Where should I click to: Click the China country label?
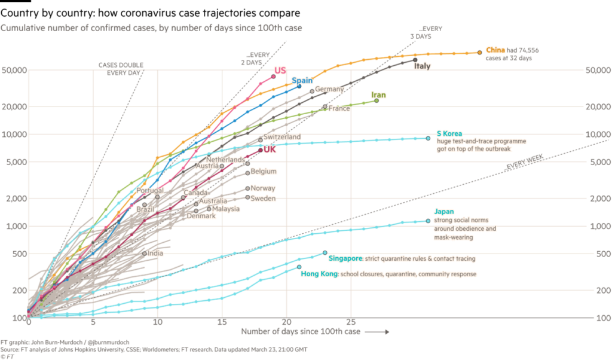point(495,50)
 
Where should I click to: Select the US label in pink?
point(280,71)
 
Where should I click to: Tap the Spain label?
point(302,81)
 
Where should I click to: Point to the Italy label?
point(422,66)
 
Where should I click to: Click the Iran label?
point(378,95)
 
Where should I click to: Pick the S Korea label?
point(449,134)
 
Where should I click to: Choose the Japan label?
point(443,212)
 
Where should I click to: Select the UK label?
point(270,150)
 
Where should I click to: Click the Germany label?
point(329,89)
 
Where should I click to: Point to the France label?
point(339,108)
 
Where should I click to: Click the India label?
point(155,253)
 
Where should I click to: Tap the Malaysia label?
point(226,209)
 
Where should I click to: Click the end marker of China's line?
point(479,53)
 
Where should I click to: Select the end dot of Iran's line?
point(377,101)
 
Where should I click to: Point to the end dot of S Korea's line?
point(428,139)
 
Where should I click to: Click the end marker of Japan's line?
point(429,221)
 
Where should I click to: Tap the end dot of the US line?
point(274,75)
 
